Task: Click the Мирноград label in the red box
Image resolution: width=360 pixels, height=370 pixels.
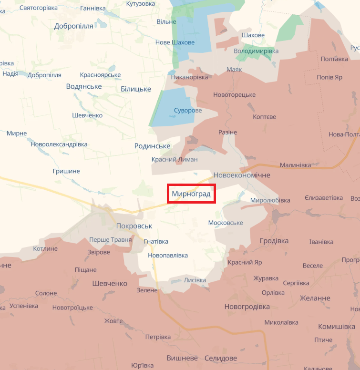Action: [191, 194]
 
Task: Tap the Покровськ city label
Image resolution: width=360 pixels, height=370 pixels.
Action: [134, 226]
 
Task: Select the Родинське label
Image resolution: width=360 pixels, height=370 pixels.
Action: [152, 146]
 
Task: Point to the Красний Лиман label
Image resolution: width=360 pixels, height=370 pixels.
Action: [175, 159]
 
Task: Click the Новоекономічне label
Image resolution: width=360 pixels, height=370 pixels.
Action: [242, 175]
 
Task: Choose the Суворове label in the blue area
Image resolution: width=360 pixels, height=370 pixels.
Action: [187, 111]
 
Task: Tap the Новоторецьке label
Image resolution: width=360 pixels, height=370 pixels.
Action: [235, 95]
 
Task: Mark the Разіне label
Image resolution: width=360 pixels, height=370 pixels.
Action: [227, 132]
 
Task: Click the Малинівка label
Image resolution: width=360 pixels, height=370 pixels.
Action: [295, 165]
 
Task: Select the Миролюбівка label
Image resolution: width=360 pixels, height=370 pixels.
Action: [270, 200]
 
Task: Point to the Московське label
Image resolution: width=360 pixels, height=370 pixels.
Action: [226, 223]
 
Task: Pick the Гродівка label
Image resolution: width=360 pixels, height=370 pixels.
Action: [274, 241]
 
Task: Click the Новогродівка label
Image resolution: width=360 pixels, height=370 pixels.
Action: [247, 307]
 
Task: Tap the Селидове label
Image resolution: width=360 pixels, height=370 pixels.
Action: [220, 358]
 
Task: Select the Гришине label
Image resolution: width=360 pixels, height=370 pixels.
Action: [66, 171]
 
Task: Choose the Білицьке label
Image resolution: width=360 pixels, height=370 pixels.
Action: [136, 89]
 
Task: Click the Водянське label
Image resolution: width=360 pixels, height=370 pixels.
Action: [84, 86]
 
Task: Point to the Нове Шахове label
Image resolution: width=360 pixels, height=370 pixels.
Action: [175, 42]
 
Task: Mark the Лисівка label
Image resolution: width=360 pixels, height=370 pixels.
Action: [195, 280]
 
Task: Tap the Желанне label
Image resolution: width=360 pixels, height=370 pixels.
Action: [315, 298]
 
